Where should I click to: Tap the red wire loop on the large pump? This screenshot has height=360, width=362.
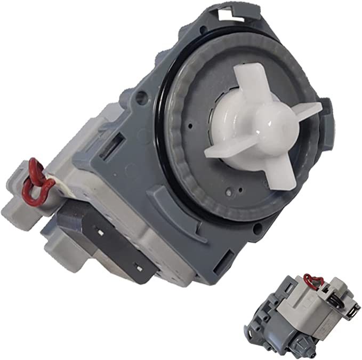(45, 181)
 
